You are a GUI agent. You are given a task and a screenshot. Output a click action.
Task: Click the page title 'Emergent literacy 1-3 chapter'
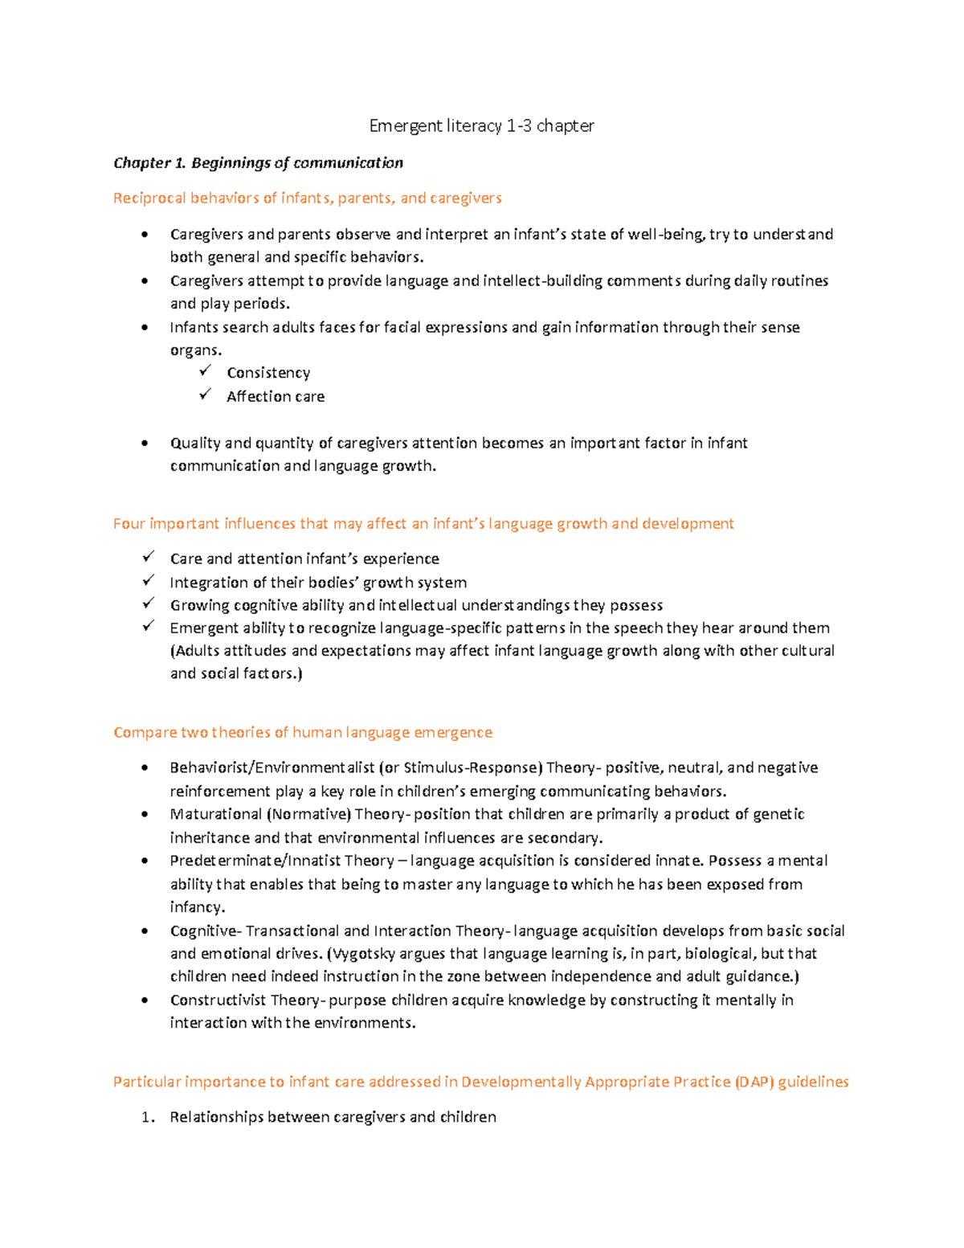pyautogui.click(x=481, y=125)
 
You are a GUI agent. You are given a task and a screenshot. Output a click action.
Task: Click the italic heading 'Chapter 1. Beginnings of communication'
pyautogui.click(x=258, y=163)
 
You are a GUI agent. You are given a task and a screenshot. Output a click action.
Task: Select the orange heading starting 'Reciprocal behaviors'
pyautogui.click(x=307, y=198)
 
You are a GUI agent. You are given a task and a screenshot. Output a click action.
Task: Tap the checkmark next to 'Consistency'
pyautogui.click(x=206, y=371)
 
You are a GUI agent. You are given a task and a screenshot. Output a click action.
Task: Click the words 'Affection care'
pyautogui.click(x=276, y=396)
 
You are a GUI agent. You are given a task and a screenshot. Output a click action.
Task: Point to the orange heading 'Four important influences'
pyautogui.click(x=423, y=524)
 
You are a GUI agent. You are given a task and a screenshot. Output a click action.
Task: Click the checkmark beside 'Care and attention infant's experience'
pyautogui.click(x=149, y=557)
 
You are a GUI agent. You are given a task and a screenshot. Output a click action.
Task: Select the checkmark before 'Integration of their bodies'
pyautogui.click(x=149, y=580)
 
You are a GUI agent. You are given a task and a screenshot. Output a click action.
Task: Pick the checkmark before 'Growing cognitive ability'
pyautogui.click(x=149, y=604)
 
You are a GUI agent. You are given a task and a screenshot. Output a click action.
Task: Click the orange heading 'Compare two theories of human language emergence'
pyautogui.click(x=303, y=733)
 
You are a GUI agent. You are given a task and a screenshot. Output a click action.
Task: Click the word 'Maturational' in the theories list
pyautogui.click(x=215, y=814)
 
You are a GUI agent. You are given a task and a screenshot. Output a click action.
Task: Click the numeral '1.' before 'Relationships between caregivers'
pyautogui.click(x=147, y=1117)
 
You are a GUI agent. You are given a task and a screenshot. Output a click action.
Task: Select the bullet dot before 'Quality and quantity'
pyautogui.click(x=145, y=443)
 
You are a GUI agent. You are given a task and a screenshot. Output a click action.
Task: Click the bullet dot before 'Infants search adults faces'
pyautogui.click(x=145, y=327)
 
